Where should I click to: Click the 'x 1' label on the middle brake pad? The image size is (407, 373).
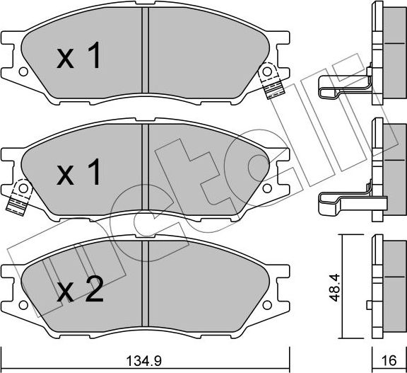(80, 173)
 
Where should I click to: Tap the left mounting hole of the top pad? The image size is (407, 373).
(23, 71)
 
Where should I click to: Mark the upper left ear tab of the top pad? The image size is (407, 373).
(10, 38)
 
